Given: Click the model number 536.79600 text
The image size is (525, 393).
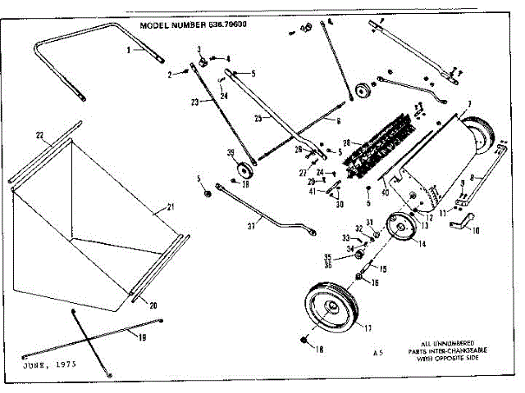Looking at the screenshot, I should [x=194, y=25].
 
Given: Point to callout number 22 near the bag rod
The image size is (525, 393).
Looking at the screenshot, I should [x=39, y=135].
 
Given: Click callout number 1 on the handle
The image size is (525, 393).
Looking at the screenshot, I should [x=129, y=50].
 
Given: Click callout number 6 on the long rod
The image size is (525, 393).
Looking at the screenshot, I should [x=337, y=120].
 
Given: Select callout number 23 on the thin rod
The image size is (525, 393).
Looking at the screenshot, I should [x=195, y=102].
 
